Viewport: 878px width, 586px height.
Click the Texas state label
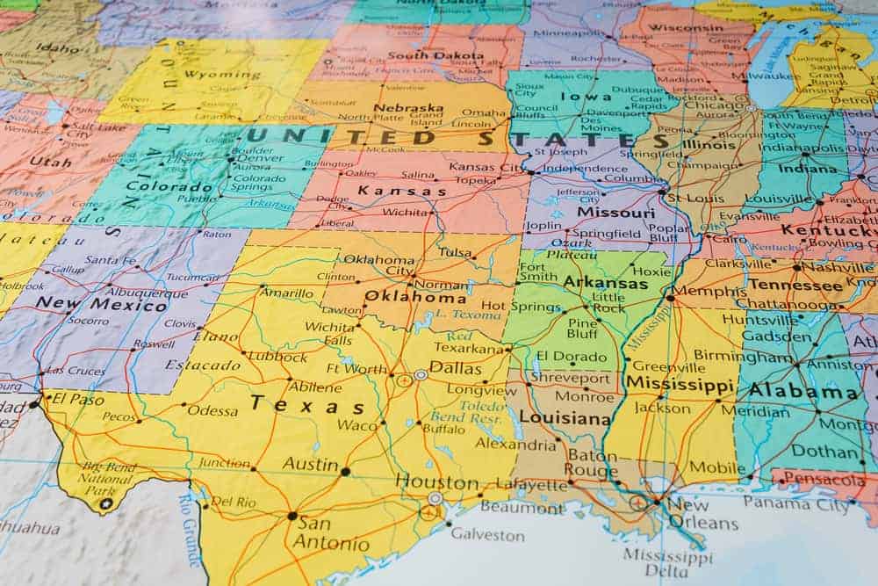pos(306,405)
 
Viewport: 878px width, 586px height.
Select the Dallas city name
pos(456,368)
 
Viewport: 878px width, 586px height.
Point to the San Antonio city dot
pos(291,516)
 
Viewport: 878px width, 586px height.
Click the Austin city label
pos(310,465)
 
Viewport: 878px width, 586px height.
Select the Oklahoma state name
pos(415,297)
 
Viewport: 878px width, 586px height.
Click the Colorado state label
pos(158,185)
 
